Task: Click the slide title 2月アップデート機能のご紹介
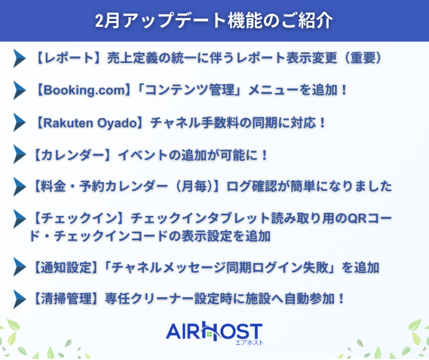[x=214, y=20]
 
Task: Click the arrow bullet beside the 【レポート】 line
[x=19, y=57]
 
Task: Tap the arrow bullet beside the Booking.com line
[x=19, y=90]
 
